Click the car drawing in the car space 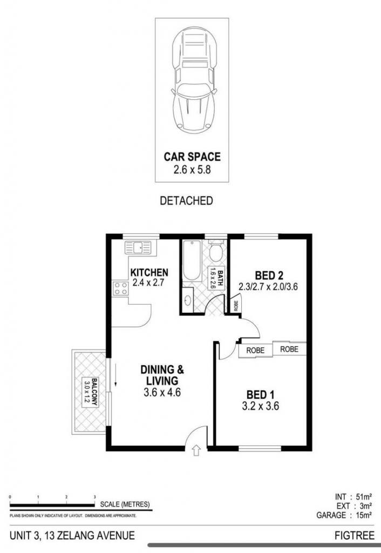pyautogui.click(x=194, y=81)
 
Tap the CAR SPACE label pyautogui.click(x=192, y=157)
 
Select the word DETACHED pyautogui.click(x=186, y=201)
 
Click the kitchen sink pyautogui.click(x=138, y=247)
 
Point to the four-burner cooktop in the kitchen pyautogui.click(x=120, y=288)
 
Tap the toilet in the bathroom pyautogui.click(x=216, y=251)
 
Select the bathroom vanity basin pyautogui.click(x=188, y=300)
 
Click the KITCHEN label pyautogui.click(x=149, y=272)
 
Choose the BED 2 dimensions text pyautogui.click(x=268, y=286)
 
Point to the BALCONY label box pyautogui.click(x=90, y=392)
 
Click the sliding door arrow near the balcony pyautogui.click(x=115, y=374)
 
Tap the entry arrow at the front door pyautogui.click(x=196, y=450)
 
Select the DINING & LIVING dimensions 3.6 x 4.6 pyautogui.click(x=162, y=392)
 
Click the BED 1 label pyautogui.click(x=261, y=394)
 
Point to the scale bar pyautogui.click(x=52, y=505)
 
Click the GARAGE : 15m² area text pyautogui.click(x=344, y=515)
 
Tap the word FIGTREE pyautogui.click(x=354, y=536)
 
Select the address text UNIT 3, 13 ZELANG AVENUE pyautogui.click(x=72, y=536)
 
